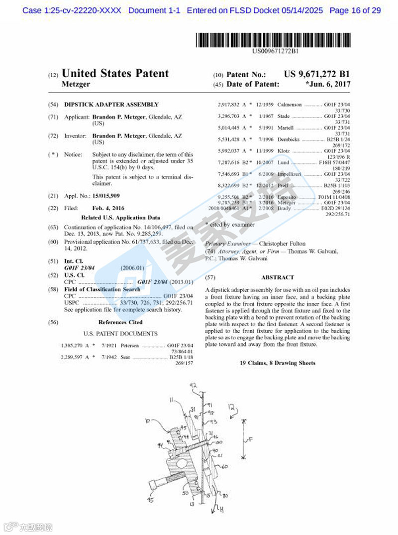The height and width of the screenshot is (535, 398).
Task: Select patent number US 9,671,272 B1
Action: coord(317,74)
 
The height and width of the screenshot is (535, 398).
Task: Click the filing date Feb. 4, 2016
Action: coord(108,208)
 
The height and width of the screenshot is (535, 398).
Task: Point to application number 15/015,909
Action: coord(106,196)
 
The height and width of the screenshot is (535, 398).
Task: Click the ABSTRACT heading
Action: coord(277,277)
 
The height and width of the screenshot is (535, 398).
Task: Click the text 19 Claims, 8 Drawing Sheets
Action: coord(277,363)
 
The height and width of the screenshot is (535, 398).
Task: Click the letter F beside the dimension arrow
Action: coord(252,438)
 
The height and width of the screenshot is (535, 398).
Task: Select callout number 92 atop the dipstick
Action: coord(194,385)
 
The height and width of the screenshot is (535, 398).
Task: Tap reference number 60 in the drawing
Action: coord(224,466)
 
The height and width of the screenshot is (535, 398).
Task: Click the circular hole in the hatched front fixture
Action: coord(186,466)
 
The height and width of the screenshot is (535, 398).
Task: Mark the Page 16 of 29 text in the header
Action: coord(355,10)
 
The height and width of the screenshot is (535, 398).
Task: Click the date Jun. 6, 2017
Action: coord(328,85)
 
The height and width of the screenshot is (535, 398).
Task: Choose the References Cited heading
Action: coord(120,322)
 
